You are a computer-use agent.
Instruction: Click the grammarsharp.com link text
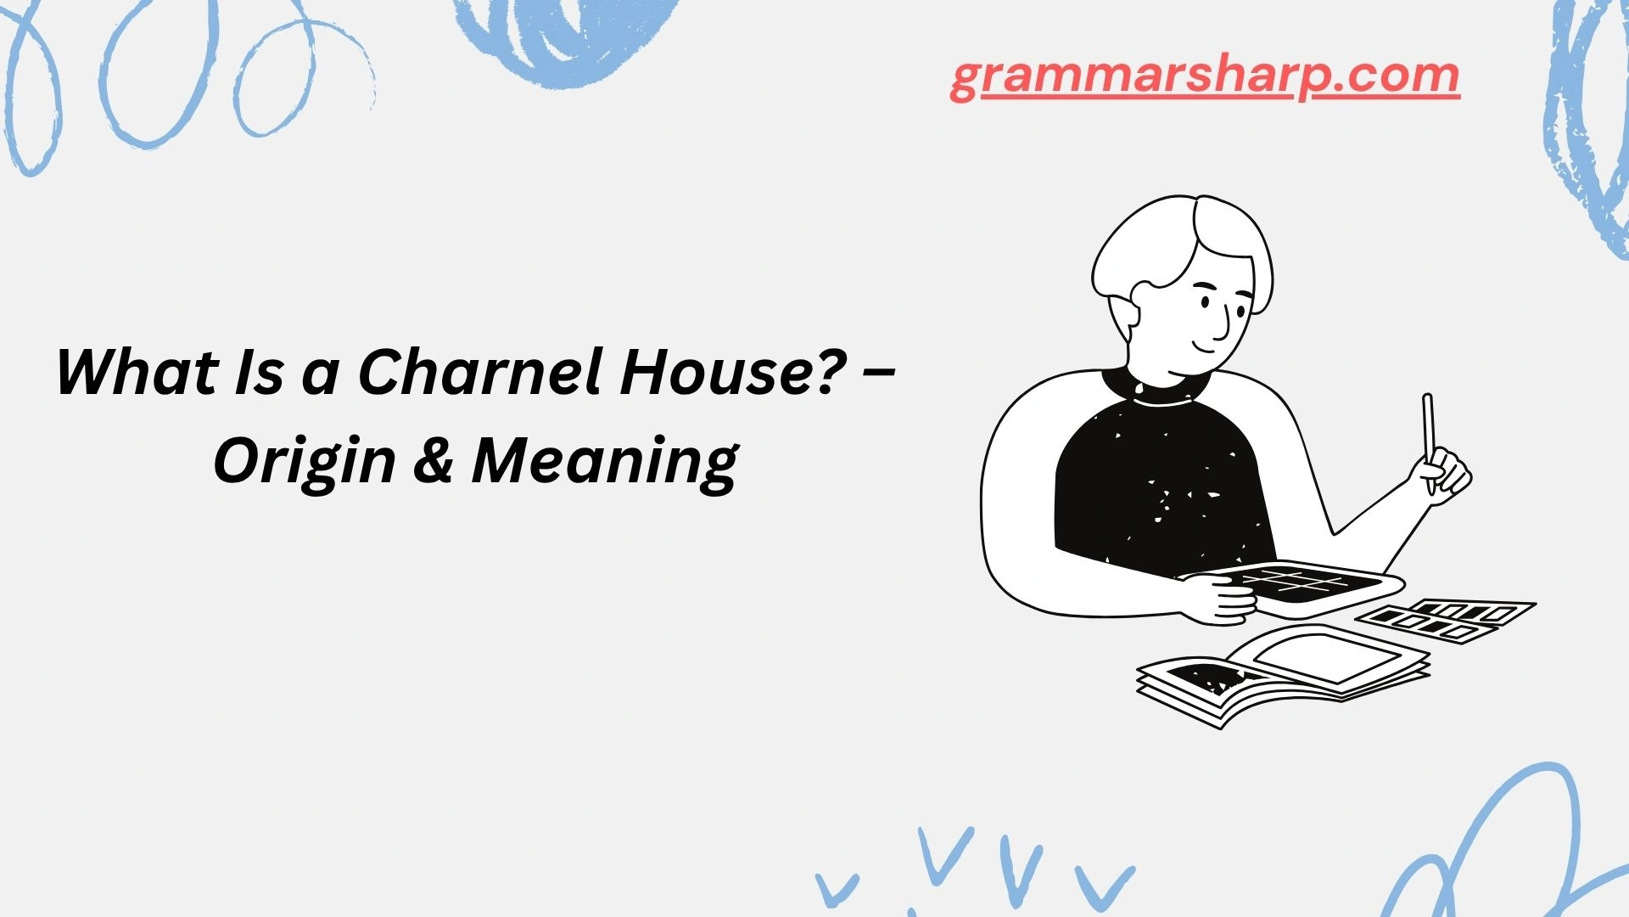pos(1205,76)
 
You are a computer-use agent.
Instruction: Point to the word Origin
pos(305,462)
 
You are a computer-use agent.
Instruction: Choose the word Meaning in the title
pos(605,462)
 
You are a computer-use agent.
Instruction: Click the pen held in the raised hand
pos(1429,433)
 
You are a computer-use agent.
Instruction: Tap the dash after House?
pos(882,374)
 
